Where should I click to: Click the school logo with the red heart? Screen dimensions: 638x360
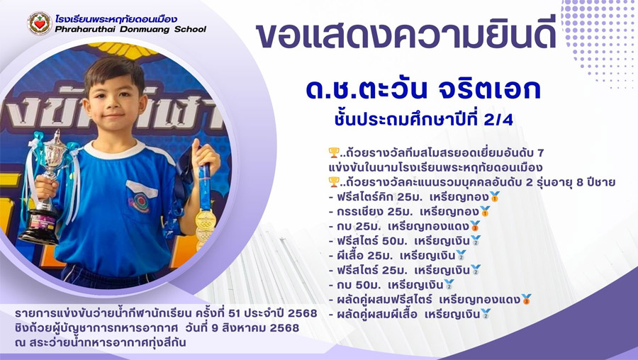(x=40, y=23)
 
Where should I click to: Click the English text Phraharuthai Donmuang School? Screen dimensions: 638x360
(x=130, y=29)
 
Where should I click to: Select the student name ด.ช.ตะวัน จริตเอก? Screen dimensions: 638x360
(x=423, y=89)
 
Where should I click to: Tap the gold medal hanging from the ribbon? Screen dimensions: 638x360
(x=206, y=219)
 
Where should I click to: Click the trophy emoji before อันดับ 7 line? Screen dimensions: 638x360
(x=334, y=153)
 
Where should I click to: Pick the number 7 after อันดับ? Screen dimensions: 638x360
(x=540, y=153)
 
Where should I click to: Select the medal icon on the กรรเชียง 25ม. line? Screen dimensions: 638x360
(x=485, y=211)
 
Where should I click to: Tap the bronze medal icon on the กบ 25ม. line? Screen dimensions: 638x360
(x=475, y=226)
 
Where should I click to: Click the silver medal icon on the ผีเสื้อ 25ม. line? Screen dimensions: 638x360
(x=461, y=255)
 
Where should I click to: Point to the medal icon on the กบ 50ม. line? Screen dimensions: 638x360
(x=449, y=284)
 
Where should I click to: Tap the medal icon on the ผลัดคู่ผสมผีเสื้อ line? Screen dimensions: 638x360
(x=486, y=314)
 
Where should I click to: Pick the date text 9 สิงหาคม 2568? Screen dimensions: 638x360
(x=255, y=327)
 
